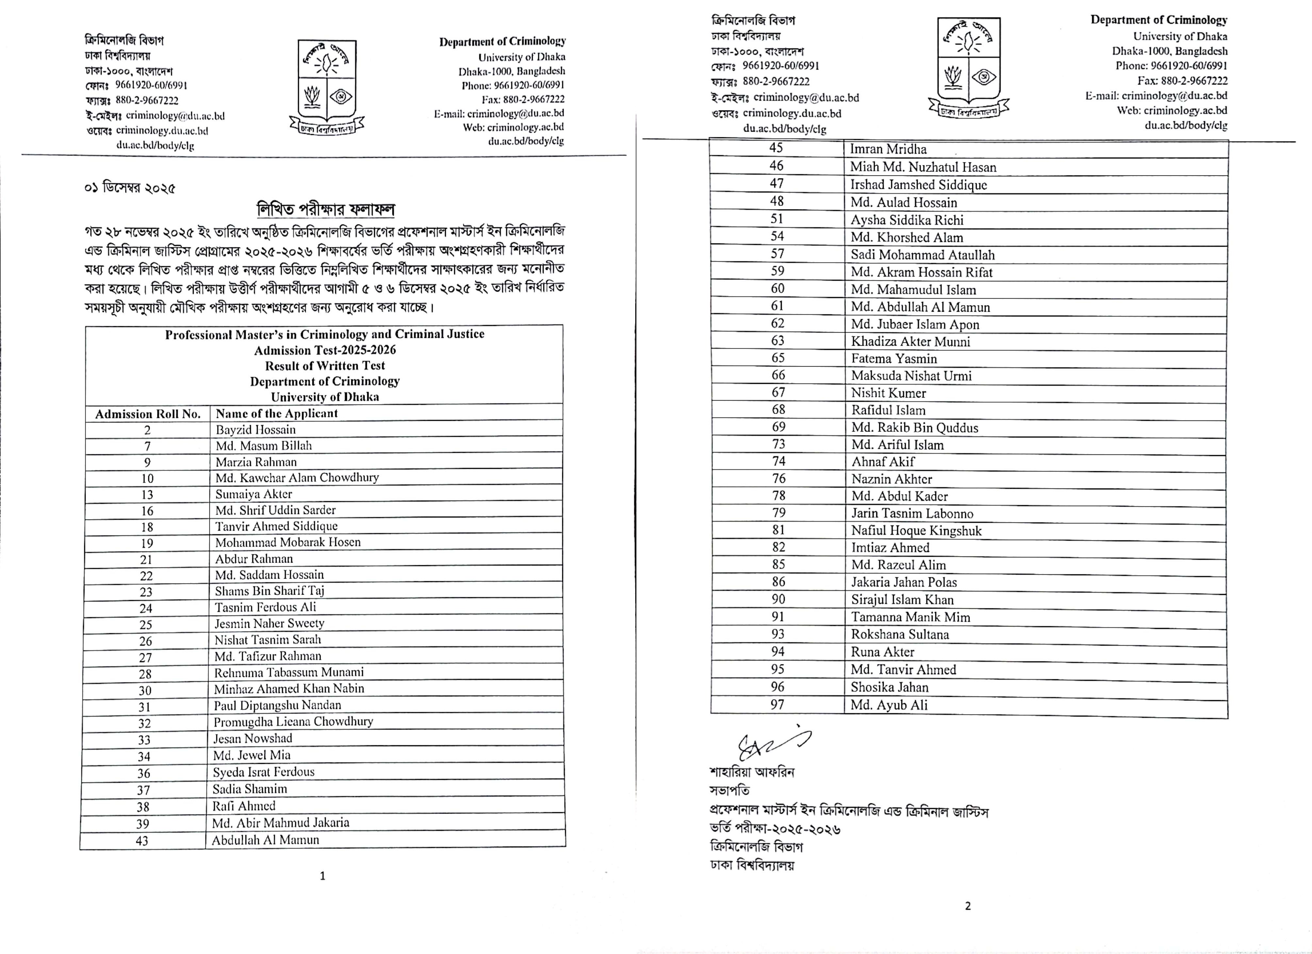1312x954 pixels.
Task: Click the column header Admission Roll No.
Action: (x=148, y=414)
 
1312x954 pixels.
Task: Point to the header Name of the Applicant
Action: (x=276, y=413)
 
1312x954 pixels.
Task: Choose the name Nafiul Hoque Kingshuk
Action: (x=916, y=531)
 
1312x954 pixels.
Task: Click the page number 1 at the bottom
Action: (x=322, y=876)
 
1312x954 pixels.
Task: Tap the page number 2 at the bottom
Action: (x=968, y=906)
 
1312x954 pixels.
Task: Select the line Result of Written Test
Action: (x=324, y=366)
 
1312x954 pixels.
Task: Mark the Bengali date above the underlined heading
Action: (x=130, y=188)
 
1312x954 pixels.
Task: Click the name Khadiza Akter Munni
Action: (x=910, y=341)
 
